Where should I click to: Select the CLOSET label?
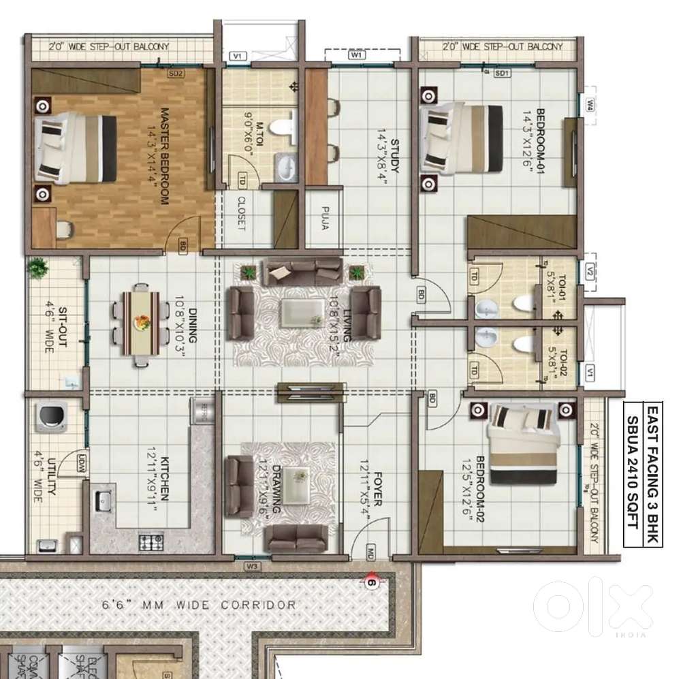click(x=240, y=213)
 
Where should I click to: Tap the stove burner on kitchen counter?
click(x=149, y=542)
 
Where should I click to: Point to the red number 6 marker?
click(x=371, y=582)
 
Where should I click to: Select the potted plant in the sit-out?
click(x=39, y=268)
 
